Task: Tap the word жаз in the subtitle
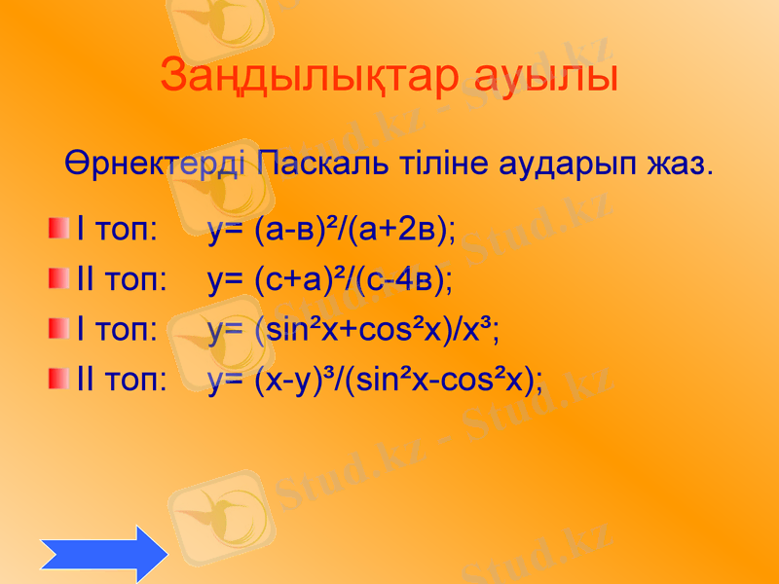(677, 162)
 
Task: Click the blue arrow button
(104, 554)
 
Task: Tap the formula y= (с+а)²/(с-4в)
(330, 280)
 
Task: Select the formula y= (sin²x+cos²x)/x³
(353, 330)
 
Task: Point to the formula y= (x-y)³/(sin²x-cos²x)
(376, 380)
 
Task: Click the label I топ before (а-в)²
(118, 231)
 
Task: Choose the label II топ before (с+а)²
(122, 281)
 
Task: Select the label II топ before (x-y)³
(122, 380)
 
